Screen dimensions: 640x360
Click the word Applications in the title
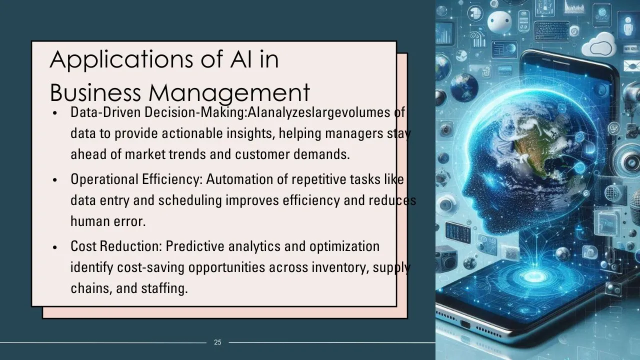click(x=121, y=59)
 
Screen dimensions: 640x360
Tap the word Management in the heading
click(x=229, y=93)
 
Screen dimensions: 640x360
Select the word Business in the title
click(x=95, y=92)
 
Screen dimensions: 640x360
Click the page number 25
click(x=217, y=342)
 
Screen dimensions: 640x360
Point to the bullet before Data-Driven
click(x=55, y=113)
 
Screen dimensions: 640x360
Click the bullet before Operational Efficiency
click(x=55, y=180)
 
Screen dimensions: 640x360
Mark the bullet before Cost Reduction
click(x=55, y=247)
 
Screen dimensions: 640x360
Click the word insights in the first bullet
click(x=251, y=133)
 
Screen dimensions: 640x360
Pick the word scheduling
click(x=190, y=200)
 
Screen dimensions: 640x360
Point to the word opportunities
click(x=227, y=267)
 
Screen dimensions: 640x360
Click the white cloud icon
click(x=599, y=45)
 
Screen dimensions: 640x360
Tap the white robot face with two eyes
click(x=499, y=21)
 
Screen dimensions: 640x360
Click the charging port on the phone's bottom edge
click(x=465, y=325)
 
